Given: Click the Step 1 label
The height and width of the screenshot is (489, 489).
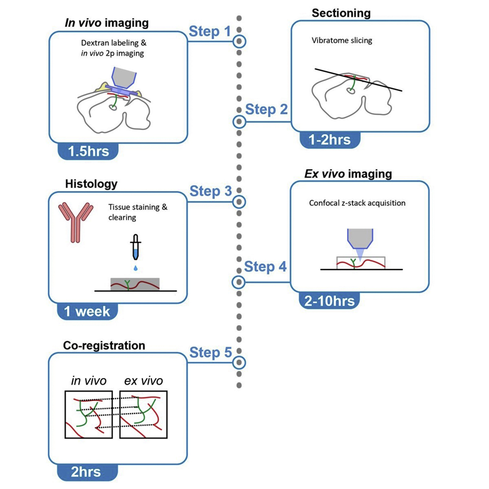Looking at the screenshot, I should point(210,32).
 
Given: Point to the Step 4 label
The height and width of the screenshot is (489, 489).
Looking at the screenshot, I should point(265,267).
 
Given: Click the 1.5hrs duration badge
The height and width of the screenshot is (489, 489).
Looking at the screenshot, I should point(90,150).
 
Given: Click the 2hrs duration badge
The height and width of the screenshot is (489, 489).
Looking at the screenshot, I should point(86,472).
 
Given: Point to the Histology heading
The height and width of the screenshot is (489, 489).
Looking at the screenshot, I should point(91,184).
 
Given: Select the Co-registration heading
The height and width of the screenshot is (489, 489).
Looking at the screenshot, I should point(104,345).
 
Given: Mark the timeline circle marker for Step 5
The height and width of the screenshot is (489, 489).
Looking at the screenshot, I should point(239,362).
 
